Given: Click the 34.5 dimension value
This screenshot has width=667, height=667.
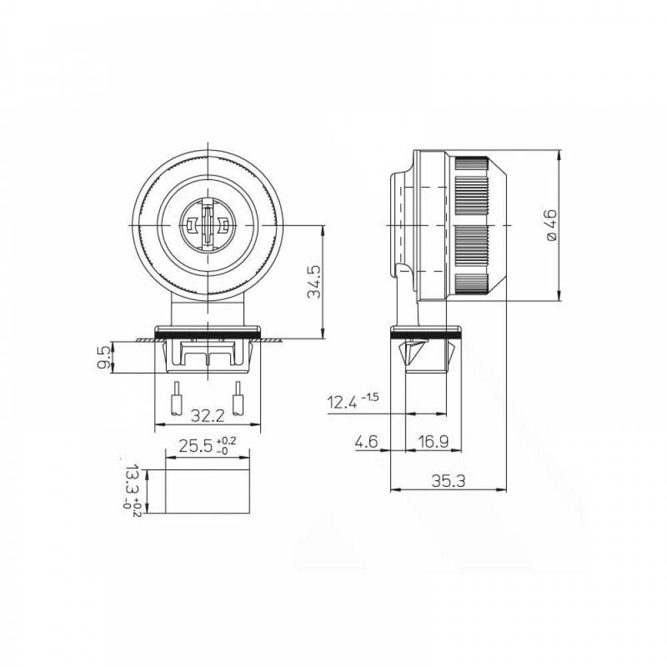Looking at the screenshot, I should (x=315, y=283).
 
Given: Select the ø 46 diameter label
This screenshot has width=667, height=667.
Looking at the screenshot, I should (x=550, y=225).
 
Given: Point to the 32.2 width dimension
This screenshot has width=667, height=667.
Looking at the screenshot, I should (x=207, y=416).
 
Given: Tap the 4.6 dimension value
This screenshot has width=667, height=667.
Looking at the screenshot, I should (x=367, y=441).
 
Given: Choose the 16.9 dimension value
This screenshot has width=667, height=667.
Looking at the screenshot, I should (x=433, y=441).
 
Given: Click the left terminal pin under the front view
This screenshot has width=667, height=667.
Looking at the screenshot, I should (x=177, y=400).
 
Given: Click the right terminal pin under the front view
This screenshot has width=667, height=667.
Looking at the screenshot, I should (x=237, y=400).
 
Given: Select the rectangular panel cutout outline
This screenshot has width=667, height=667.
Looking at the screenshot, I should (x=207, y=491).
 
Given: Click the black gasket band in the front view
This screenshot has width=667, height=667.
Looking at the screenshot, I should (x=207, y=331).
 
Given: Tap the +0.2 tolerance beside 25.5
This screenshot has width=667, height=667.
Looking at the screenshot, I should (x=227, y=440).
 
